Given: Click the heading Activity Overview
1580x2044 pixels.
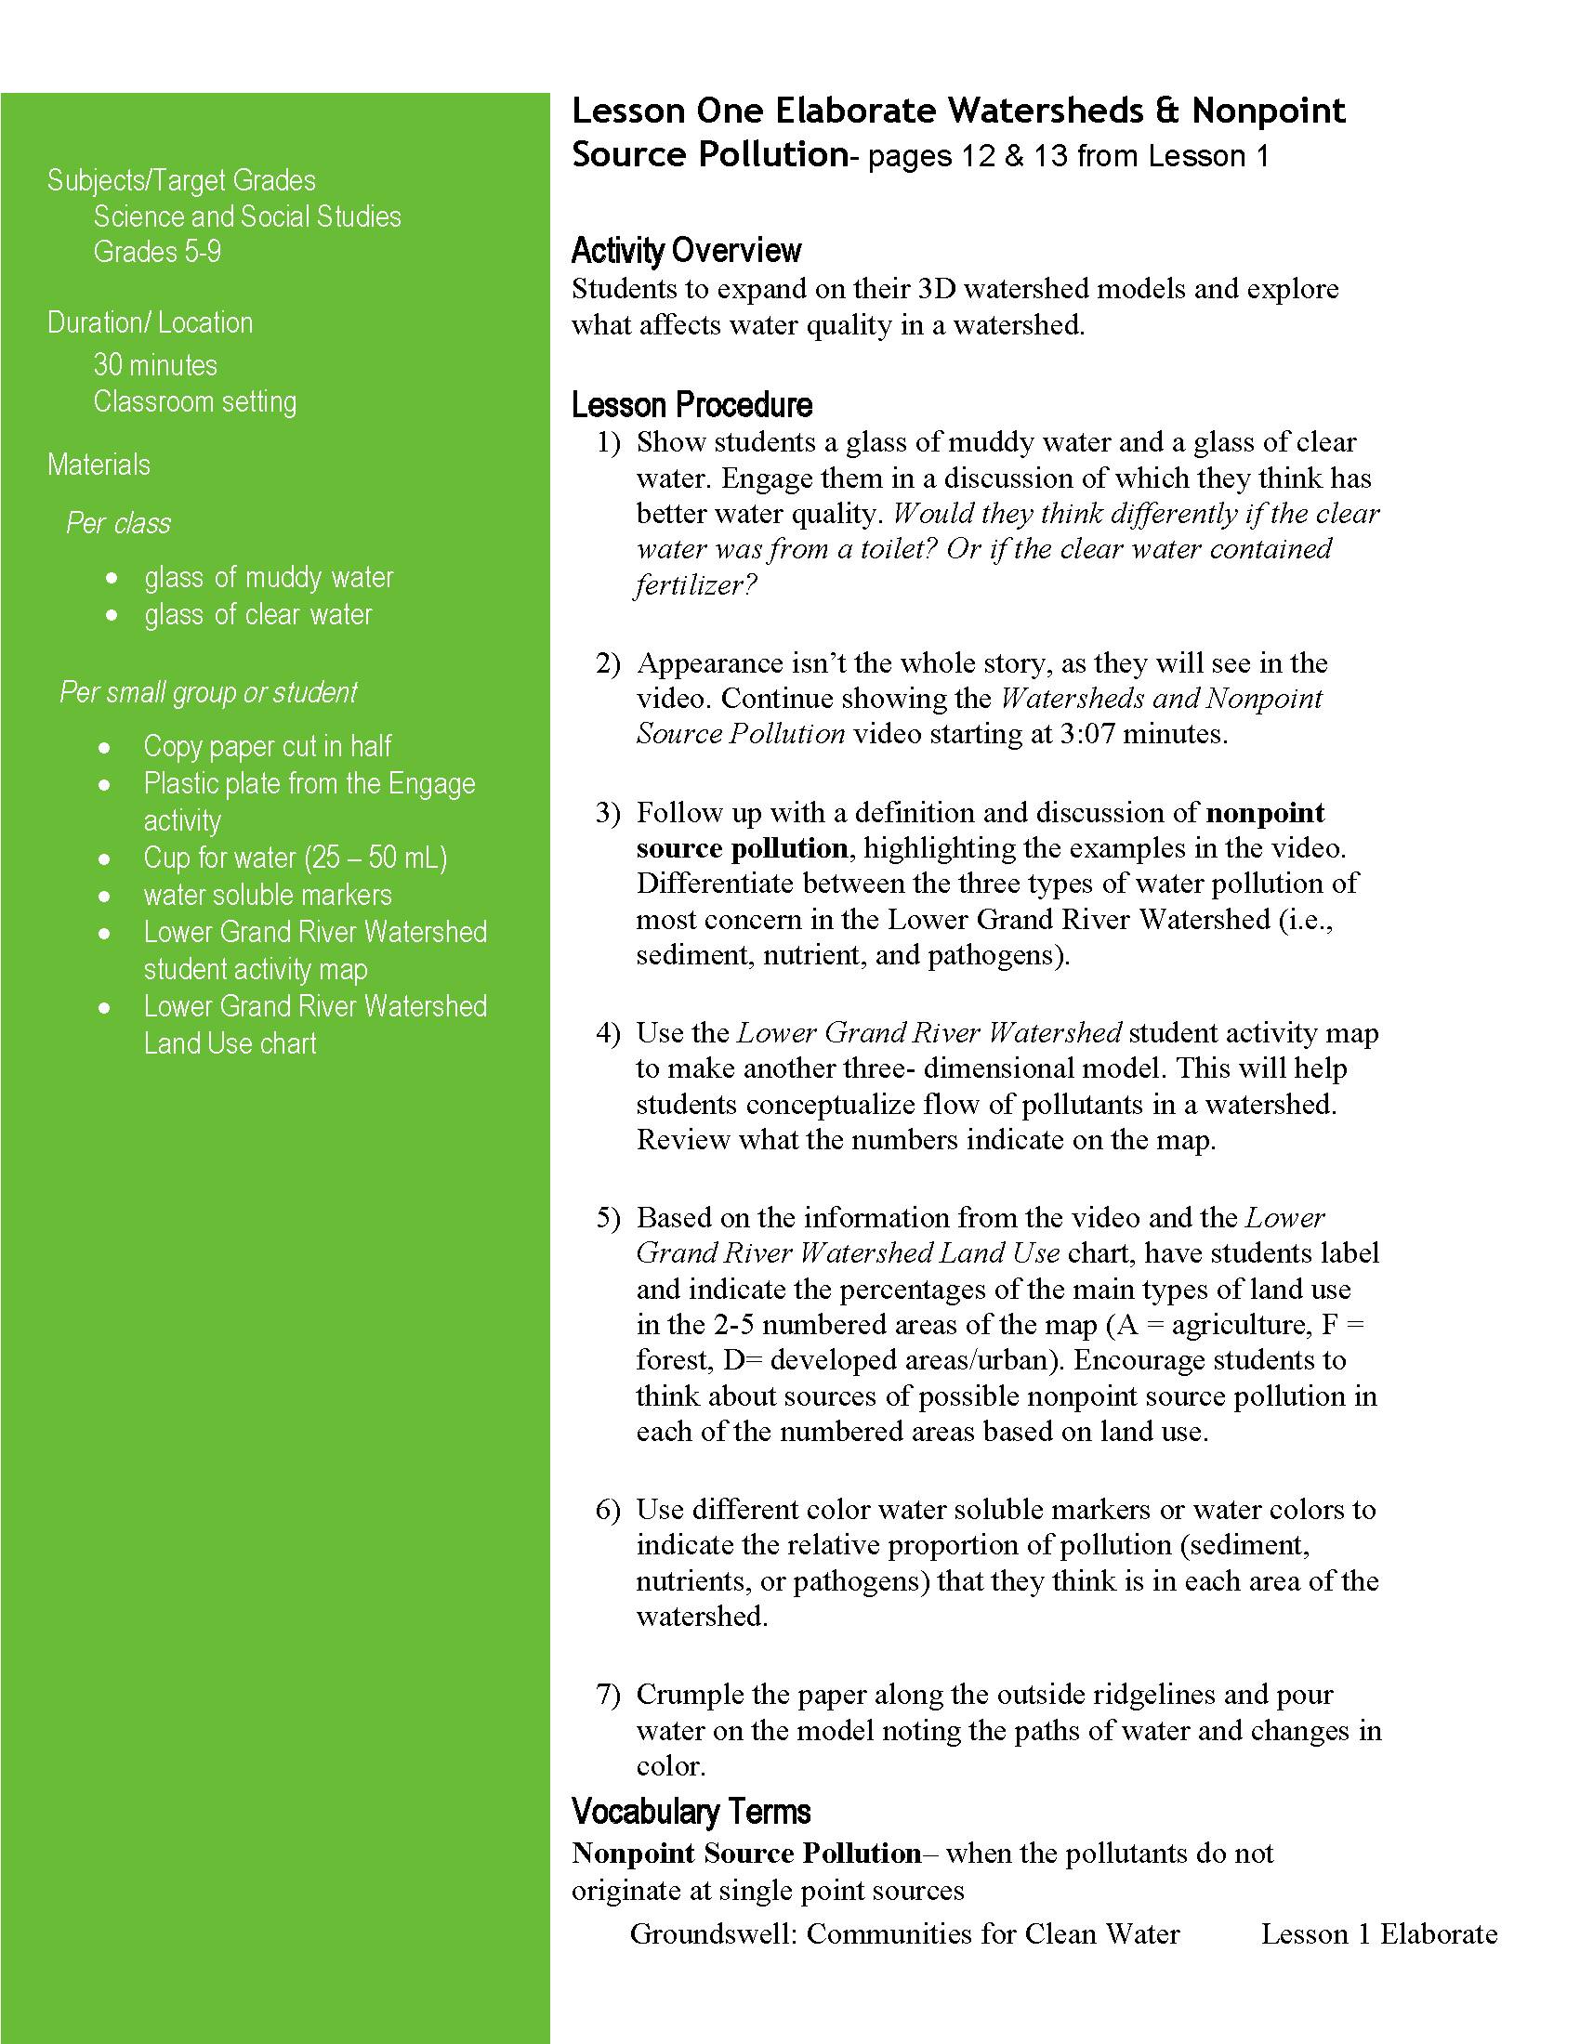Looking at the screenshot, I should [686, 251].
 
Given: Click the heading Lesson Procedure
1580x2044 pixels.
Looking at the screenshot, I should [691, 405].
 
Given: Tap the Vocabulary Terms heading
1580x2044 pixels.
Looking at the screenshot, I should [691, 1813].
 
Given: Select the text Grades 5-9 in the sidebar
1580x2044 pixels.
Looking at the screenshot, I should [157, 252].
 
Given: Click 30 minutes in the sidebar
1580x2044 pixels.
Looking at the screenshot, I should [155, 365].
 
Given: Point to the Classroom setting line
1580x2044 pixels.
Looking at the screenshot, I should [194, 401].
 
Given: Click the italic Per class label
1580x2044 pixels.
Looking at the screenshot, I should [119, 523].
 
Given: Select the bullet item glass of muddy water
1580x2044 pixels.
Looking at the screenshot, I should [269, 578].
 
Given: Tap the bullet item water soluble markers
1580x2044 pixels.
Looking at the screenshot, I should [268, 895].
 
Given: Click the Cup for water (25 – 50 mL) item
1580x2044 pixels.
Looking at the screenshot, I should [295, 858].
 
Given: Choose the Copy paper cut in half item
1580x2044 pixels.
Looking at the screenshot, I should [267, 746].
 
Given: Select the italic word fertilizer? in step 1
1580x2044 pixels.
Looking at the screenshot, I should [694, 586].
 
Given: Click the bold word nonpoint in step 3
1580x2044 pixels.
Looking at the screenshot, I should [1266, 812].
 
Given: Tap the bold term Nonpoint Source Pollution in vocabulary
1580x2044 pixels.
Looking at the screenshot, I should [746, 1854].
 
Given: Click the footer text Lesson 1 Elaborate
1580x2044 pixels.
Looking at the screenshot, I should [1378, 1933].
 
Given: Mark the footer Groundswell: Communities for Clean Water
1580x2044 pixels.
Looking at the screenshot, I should [904, 1933].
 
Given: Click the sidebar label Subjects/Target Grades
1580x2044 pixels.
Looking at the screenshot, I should [181, 180].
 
